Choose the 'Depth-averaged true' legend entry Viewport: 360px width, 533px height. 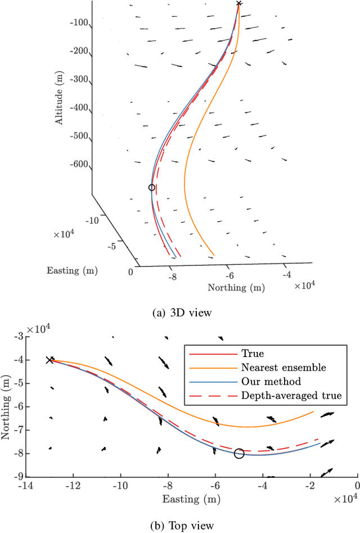(x=291, y=396)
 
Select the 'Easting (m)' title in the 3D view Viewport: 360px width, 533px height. (x=71, y=271)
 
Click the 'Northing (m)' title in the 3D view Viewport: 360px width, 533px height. (x=236, y=287)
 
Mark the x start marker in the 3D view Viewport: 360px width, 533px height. (x=239, y=3)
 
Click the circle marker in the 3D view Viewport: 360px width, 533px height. (x=151, y=187)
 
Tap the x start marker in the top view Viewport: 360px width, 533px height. (x=49, y=360)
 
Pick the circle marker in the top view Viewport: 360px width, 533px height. (x=239, y=453)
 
